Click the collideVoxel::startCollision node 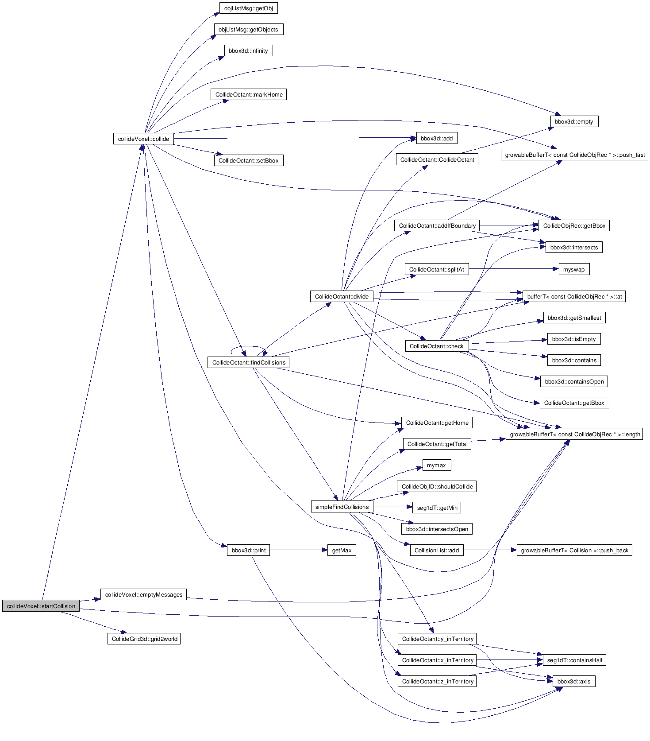41,606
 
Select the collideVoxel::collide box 143,139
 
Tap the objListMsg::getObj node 248,8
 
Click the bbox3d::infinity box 248,50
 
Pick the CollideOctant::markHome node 249,94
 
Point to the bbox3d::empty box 574,121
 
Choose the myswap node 573,269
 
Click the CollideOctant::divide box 342,296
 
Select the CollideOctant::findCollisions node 249,362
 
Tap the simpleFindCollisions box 342,507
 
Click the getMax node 342,550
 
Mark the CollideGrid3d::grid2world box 144,639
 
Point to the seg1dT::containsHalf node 574,660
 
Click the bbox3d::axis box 573,681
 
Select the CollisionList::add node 436,550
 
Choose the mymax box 436,465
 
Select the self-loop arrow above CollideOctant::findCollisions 248,346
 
